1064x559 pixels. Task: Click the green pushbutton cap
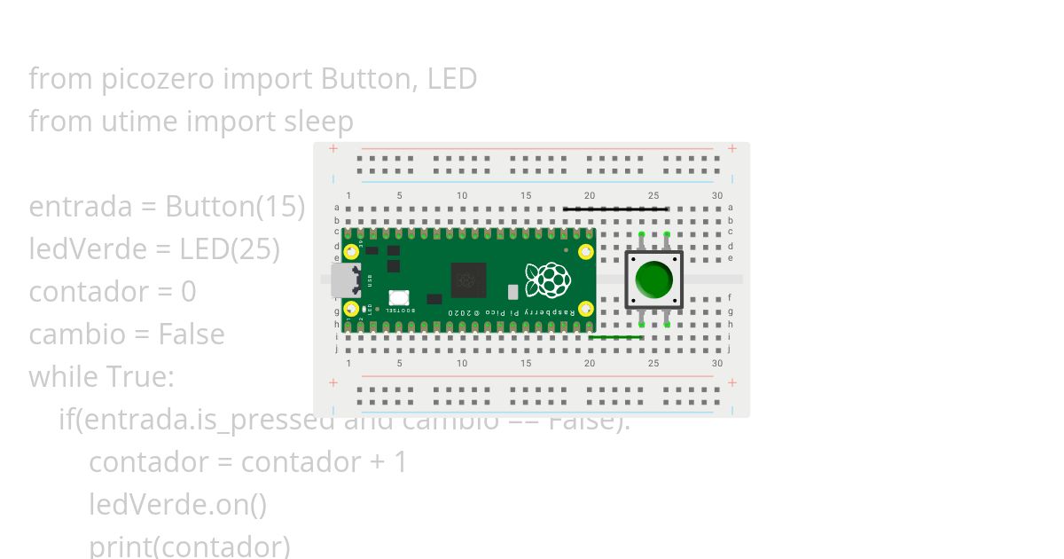pyautogui.click(x=654, y=279)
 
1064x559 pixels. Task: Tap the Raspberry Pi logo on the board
pyautogui.click(x=547, y=279)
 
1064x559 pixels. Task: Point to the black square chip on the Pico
pyautogui.click(x=468, y=280)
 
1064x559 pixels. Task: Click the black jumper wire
pyautogui.click(x=615, y=209)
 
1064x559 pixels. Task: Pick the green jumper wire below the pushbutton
pyautogui.click(x=615, y=337)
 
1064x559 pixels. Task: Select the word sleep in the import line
pyautogui.click(x=318, y=122)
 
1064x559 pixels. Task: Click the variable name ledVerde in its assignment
pyautogui.click(x=75, y=249)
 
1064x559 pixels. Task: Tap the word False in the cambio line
pyautogui.click(x=191, y=335)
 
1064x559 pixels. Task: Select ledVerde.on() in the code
pyautogui.click(x=177, y=505)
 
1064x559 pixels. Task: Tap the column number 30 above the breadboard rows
pyautogui.click(x=716, y=195)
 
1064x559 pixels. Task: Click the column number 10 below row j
pyautogui.click(x=462, y=363)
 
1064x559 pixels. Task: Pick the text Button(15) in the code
pyautogui.click(x=235, y=207)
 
